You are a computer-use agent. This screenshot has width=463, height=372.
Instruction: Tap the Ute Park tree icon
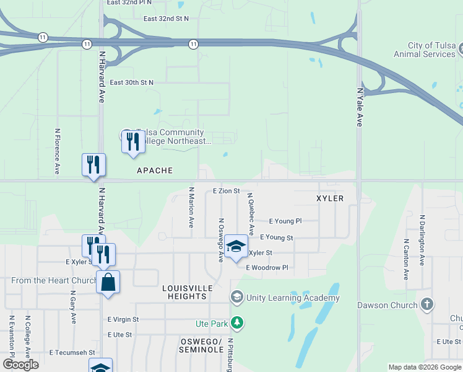pyautogui.click(x=236, y=322)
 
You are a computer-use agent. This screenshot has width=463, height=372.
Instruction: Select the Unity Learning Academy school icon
pyautogui.click(x=236, y=298)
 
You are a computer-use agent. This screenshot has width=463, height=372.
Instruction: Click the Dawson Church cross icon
pyautogui.click(x=426, y=304)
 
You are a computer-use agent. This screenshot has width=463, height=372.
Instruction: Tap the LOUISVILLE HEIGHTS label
pyautogui.click(x=187, y=293)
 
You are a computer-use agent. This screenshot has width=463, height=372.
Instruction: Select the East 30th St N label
pyautogui.click(x=131, y=82)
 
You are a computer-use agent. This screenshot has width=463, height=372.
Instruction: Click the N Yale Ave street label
pyautogui.click(x=359, y=107)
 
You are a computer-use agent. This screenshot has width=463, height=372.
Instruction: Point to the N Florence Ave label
pyautogui.click(x=57, y=151)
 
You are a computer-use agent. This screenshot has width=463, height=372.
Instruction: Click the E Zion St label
pyautogui.click(x=226, y=191)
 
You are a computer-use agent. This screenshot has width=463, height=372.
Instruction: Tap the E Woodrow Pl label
pyautogui.click(x=267, y=268)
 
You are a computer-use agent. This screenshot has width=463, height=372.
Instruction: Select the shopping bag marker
pyautogui.click(x=108, y=282)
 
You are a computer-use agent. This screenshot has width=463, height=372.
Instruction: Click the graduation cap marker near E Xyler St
pyautogui.click(x=235, y=246)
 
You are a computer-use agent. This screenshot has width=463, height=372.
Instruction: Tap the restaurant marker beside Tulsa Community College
pyautogui.click(x=132, y=141)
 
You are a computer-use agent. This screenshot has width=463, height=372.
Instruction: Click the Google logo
pyautogui.click(x=20, y=365)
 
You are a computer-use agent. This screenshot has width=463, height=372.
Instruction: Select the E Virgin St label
pyautogui.click(x=123, y=320)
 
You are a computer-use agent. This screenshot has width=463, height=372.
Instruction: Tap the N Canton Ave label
pyautogui.click(x=405, y=259)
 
